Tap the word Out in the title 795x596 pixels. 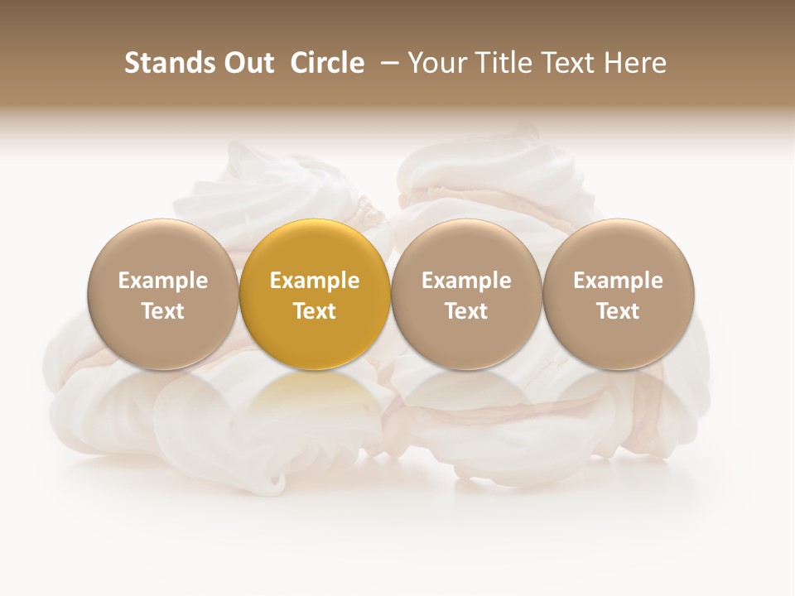pyautogui.click(x=246, y=63)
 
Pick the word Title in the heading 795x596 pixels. pyautogui.click(x=498, y=63)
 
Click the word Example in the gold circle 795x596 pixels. pyautogui.click(x=315, y=281)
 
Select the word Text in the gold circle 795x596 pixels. pyautogui.click(x=315, y=311)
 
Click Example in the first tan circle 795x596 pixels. pyautogui.click(x=163, y=281)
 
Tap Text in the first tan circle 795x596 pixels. pyautogui.click(x=163, y=311)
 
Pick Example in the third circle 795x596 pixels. pyautogui.click(x=466, y=281)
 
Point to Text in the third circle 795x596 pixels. pyautogui.click(x=466, y=311)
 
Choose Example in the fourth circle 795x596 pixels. pyautogui.click(x=618, y=281)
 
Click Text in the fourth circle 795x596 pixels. pyautogui.click(x=618, y=311)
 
